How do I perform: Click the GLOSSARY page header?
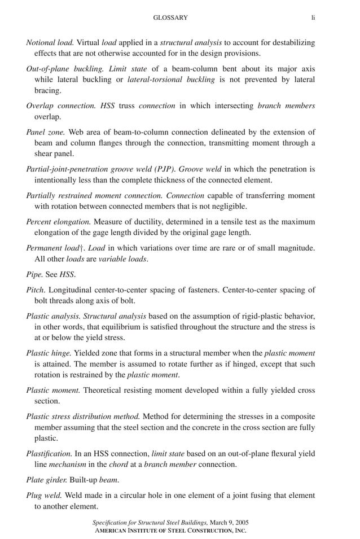pyautogui.click(x=170, y=18)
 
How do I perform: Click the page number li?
pyautogui.click(x=313, y=18)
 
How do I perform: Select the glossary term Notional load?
pyautogui.click(x=50, y=42)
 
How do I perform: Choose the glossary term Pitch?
pyautogui.click(x=36, y=290)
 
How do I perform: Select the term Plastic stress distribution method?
pyautogui.click(x=83, y=417)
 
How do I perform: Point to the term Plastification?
pyautogui.click(x=49, y=453)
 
